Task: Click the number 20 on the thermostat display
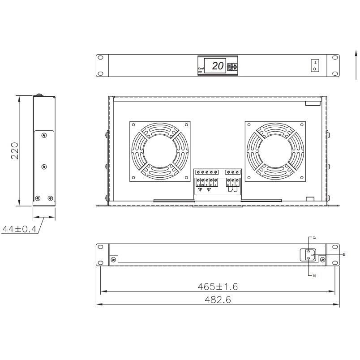[x=218, y=66]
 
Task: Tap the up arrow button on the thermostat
[x=235, y=65]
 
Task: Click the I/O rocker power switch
[x=315, y=65]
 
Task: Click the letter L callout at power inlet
[x=314, y=236]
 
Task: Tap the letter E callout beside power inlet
[x=344, y=254]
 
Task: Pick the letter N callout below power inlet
[x=314, y=276]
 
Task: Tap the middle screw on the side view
[x=43, y=167]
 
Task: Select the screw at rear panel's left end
[x=113, y=259]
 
